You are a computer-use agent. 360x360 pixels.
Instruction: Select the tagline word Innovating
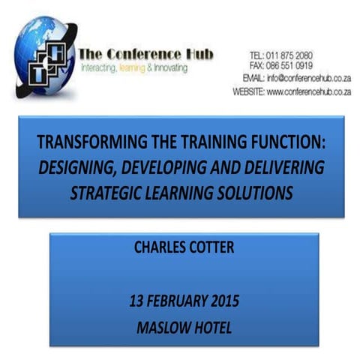[169, 69]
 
